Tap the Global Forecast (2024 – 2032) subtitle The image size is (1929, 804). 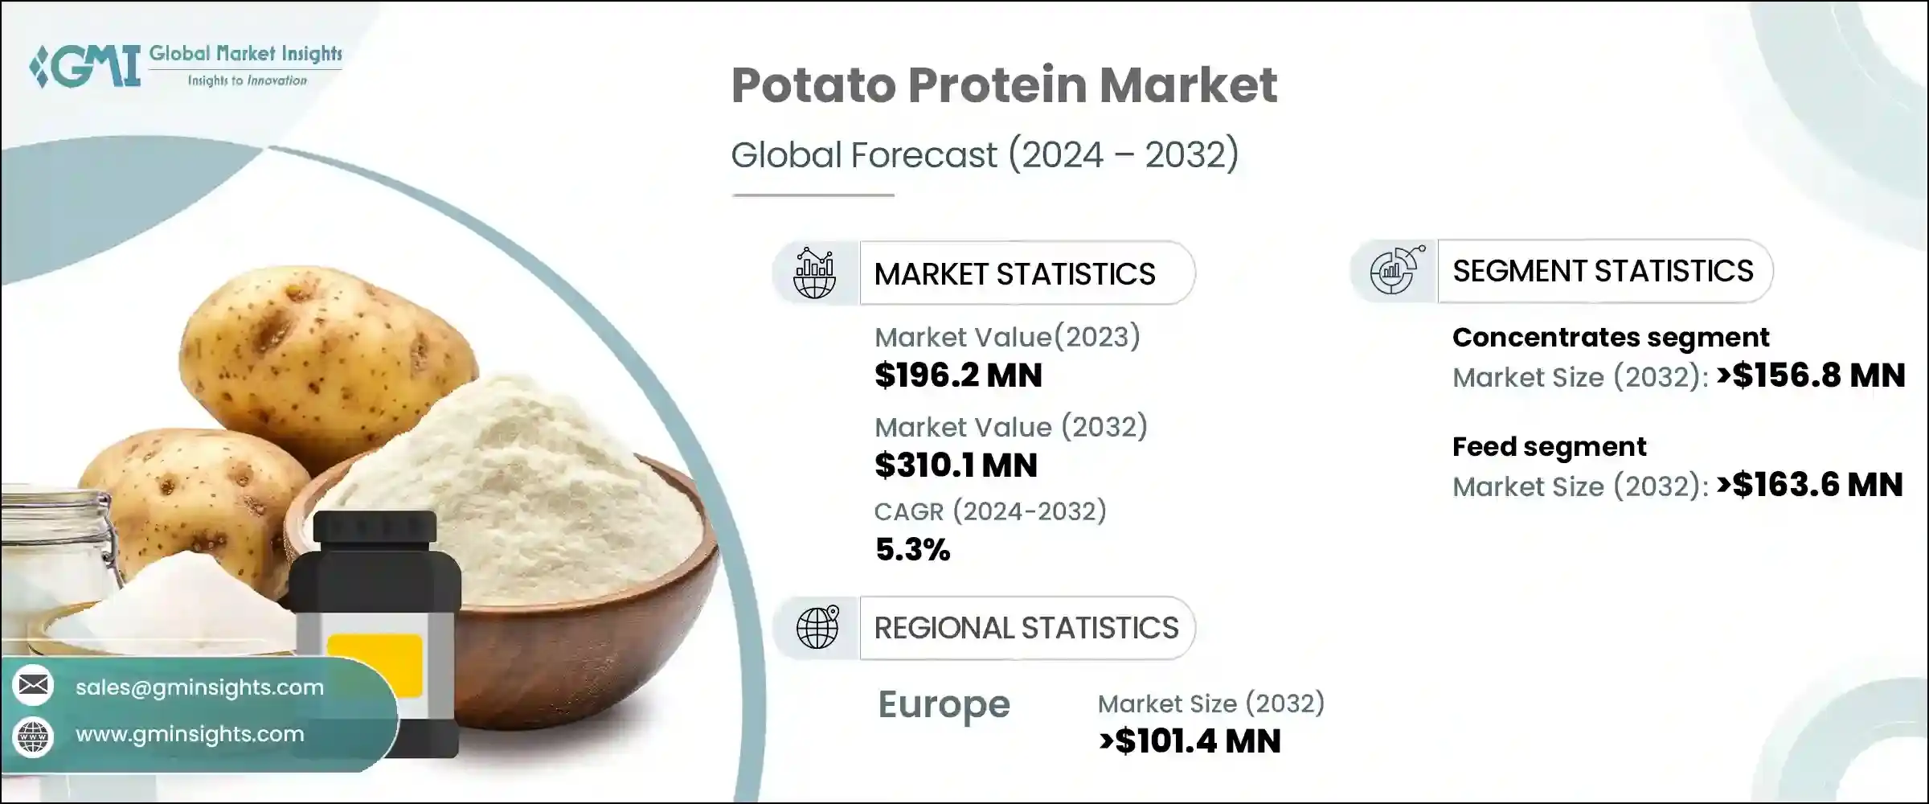click(x=985, y=154)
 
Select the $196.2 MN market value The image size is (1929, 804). click(x=958, y=375)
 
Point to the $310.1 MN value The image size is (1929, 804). click(x=956, y=466)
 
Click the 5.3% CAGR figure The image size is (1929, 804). click(x=912, y=550)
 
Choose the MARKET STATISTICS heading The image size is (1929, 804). click(x=1014, y=274)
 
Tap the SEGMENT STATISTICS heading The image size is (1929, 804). click(x=1603, y=271)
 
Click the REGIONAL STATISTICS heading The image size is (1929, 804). click(x=1026, y=628)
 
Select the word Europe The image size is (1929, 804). click(x=944, y=705)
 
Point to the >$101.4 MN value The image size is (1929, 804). click(x=1190, y=741)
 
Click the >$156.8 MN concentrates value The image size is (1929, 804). click(x=1811, y=375)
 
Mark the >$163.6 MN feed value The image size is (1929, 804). click(x=1809, y=485)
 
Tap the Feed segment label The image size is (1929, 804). click(x=1549, y=447)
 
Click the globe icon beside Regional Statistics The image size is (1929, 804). click(x=817, y=628)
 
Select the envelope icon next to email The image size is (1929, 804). click(x=34, y=686)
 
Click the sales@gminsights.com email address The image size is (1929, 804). click(x=199, y=687)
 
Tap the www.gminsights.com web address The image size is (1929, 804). click(x=190, y=734)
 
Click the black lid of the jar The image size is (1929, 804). click(x=375, y=527)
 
